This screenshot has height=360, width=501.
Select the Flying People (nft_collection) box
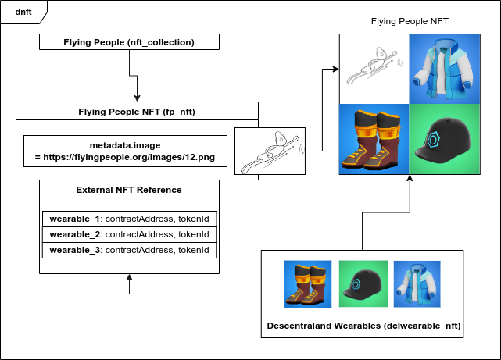point(129,42)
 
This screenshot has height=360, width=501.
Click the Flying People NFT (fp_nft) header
point(136,112)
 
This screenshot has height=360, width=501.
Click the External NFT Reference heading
point(129,190)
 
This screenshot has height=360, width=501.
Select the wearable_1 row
point(129,219)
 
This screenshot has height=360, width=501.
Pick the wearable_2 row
point(129,234)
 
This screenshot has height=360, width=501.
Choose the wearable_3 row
point(129,250)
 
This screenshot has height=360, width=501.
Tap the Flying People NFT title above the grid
point(410,21)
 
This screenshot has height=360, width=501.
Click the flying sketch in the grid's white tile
point(374,69)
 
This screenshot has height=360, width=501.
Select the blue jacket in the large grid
point(446,69)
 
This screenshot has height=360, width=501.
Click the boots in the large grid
point(374,141)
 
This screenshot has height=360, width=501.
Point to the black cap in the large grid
point(446,141)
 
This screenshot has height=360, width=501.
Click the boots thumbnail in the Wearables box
point(308,283)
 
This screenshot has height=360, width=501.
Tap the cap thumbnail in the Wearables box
point(362,283)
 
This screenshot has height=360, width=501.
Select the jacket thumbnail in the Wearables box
point(417,283)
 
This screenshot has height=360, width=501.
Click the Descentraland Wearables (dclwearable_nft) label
point(362,324)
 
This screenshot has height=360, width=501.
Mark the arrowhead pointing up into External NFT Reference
point(129,279)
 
